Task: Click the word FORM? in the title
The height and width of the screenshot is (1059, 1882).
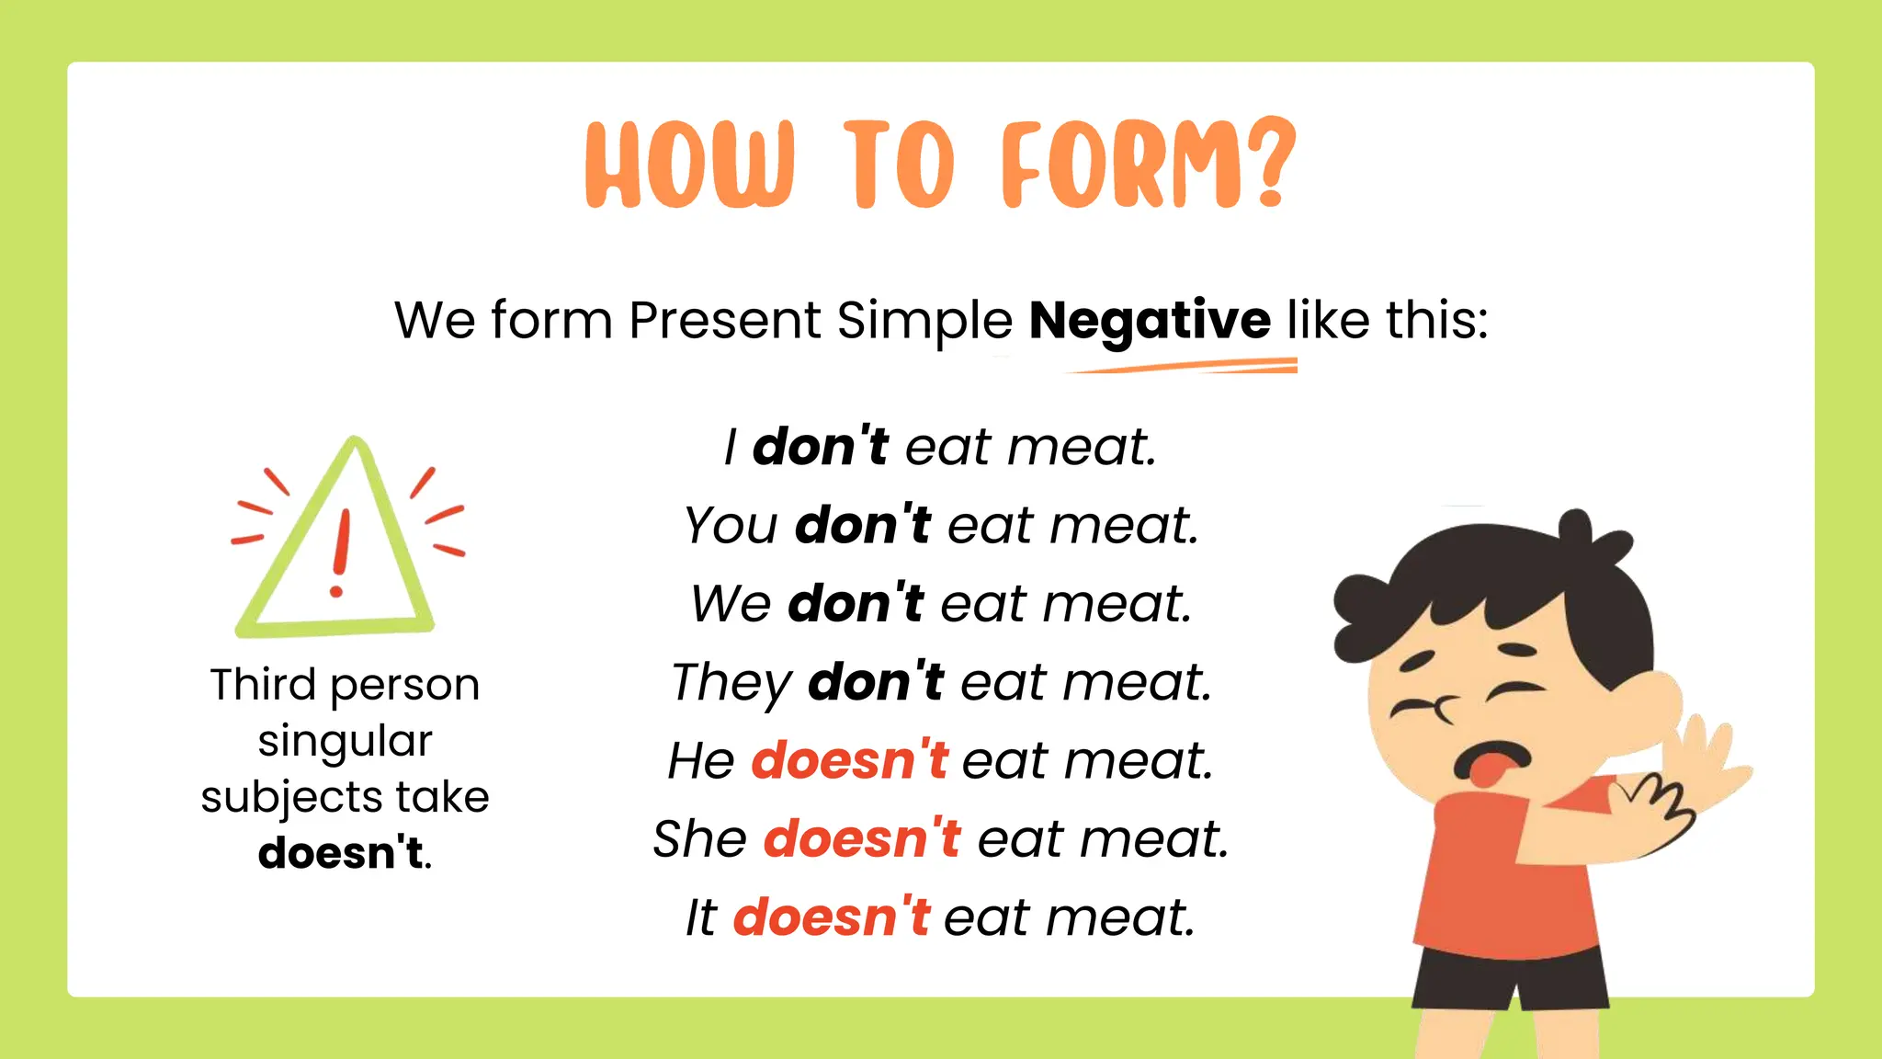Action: tap(1148, 165)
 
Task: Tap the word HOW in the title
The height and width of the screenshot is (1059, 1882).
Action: tap(690, 165)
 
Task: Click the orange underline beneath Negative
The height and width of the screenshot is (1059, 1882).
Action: tap(1185, 368)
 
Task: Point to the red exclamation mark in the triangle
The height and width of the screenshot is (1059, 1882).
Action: tap(341, 552)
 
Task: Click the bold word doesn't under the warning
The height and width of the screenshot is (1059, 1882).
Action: tap(341, 852)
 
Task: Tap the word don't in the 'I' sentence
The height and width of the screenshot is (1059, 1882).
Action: tap(820, 447)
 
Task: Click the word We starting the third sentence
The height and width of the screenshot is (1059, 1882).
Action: tap(731, 604)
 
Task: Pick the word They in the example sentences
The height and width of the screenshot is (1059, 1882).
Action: tap(731, 682)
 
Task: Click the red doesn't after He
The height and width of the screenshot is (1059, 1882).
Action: tap(849, 760)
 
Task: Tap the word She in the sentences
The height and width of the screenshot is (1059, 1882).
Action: tap(699, 838)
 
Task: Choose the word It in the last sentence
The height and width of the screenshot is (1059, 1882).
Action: tap(700, 917)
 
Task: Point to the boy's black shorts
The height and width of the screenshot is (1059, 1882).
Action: tap(1507, 979)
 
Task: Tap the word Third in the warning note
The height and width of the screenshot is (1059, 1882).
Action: tap(263, 685)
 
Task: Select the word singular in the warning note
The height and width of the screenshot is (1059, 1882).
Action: tap(345, 741)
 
